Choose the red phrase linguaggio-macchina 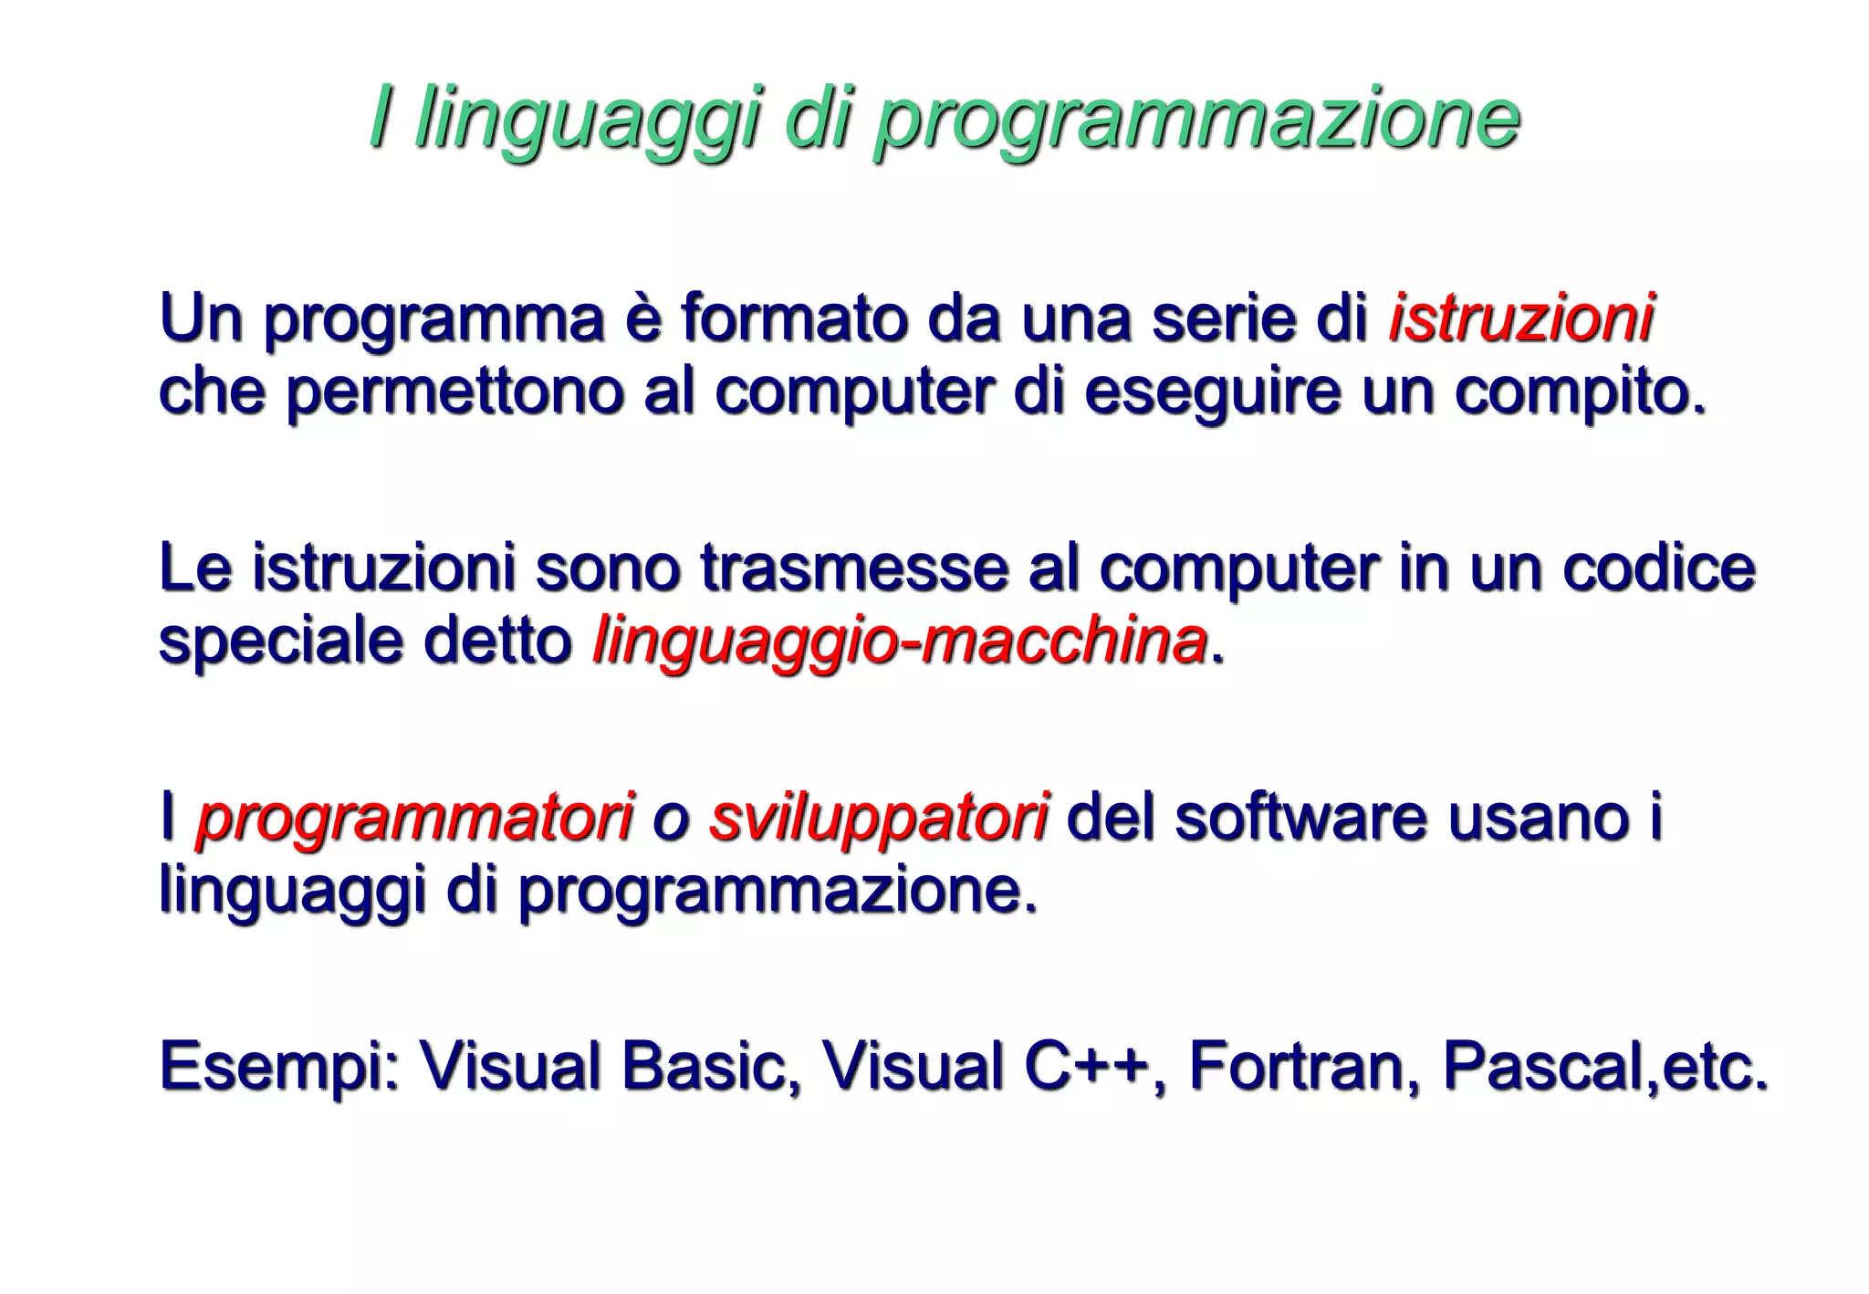[x=900, y=642]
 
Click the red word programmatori [x=415, y=817]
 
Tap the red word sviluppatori [x=878, y=817]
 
